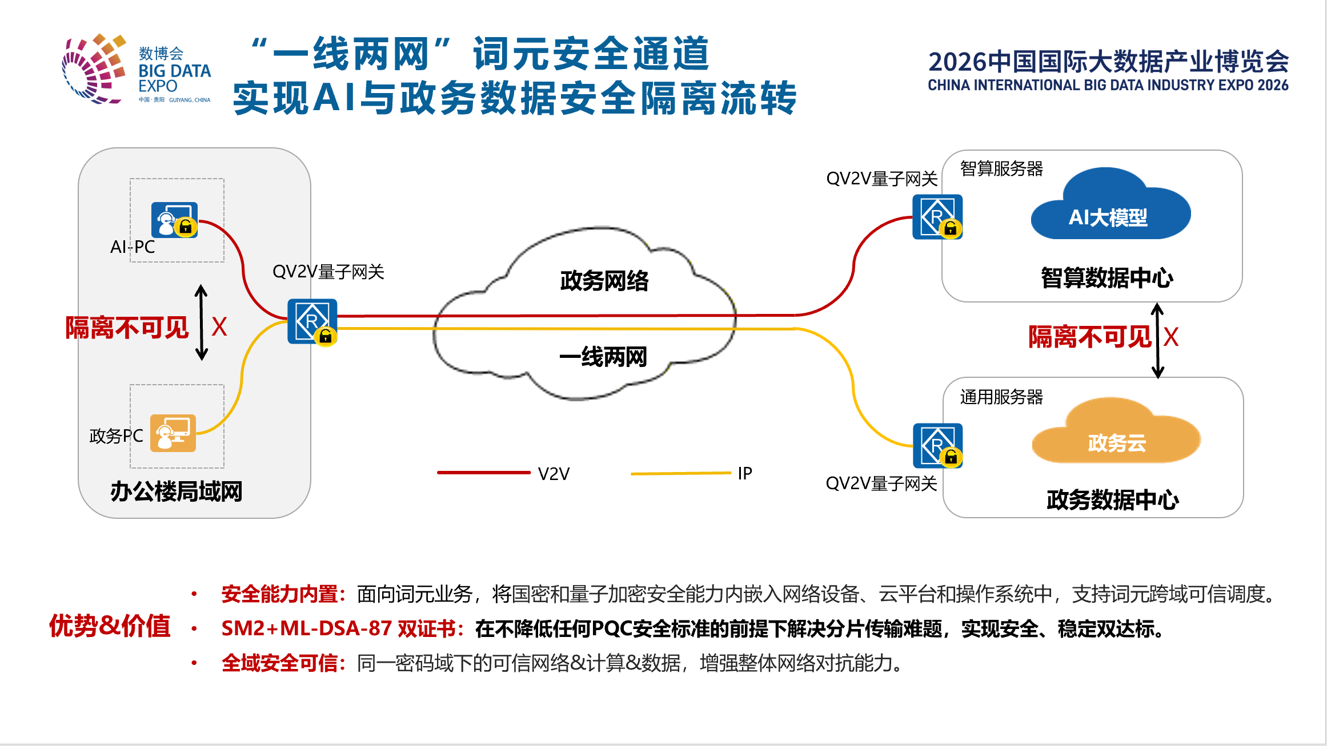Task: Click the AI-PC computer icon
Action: click(175, 220)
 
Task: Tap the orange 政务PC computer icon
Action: click(173, 433)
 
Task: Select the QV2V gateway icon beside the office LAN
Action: click(312, 321)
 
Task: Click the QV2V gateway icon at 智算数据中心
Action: click(937, 217)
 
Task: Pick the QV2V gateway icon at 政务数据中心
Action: click(938, 446)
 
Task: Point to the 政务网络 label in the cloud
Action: click(604, 281)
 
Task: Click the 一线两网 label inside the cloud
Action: click(603, 357)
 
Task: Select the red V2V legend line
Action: click(484, 473)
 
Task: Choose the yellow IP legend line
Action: click(681, 473)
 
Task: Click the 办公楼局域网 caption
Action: click(177, 491)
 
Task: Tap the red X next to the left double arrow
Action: click(219, 327)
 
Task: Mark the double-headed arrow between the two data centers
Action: click(1157, 340)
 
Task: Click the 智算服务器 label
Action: click(1001, 169)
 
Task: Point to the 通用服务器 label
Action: click(1001, 397)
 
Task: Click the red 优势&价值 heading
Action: click(110, 626)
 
